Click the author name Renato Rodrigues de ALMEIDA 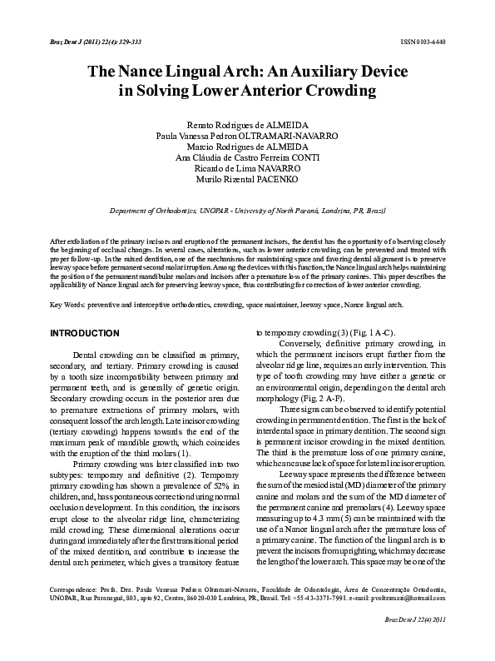246,123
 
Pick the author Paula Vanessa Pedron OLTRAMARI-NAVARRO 247,135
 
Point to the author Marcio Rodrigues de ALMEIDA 247,146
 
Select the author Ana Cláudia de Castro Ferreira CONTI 247,157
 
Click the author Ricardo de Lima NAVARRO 247,167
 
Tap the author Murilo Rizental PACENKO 247,179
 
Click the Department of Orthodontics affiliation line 247,213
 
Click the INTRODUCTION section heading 87,333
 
